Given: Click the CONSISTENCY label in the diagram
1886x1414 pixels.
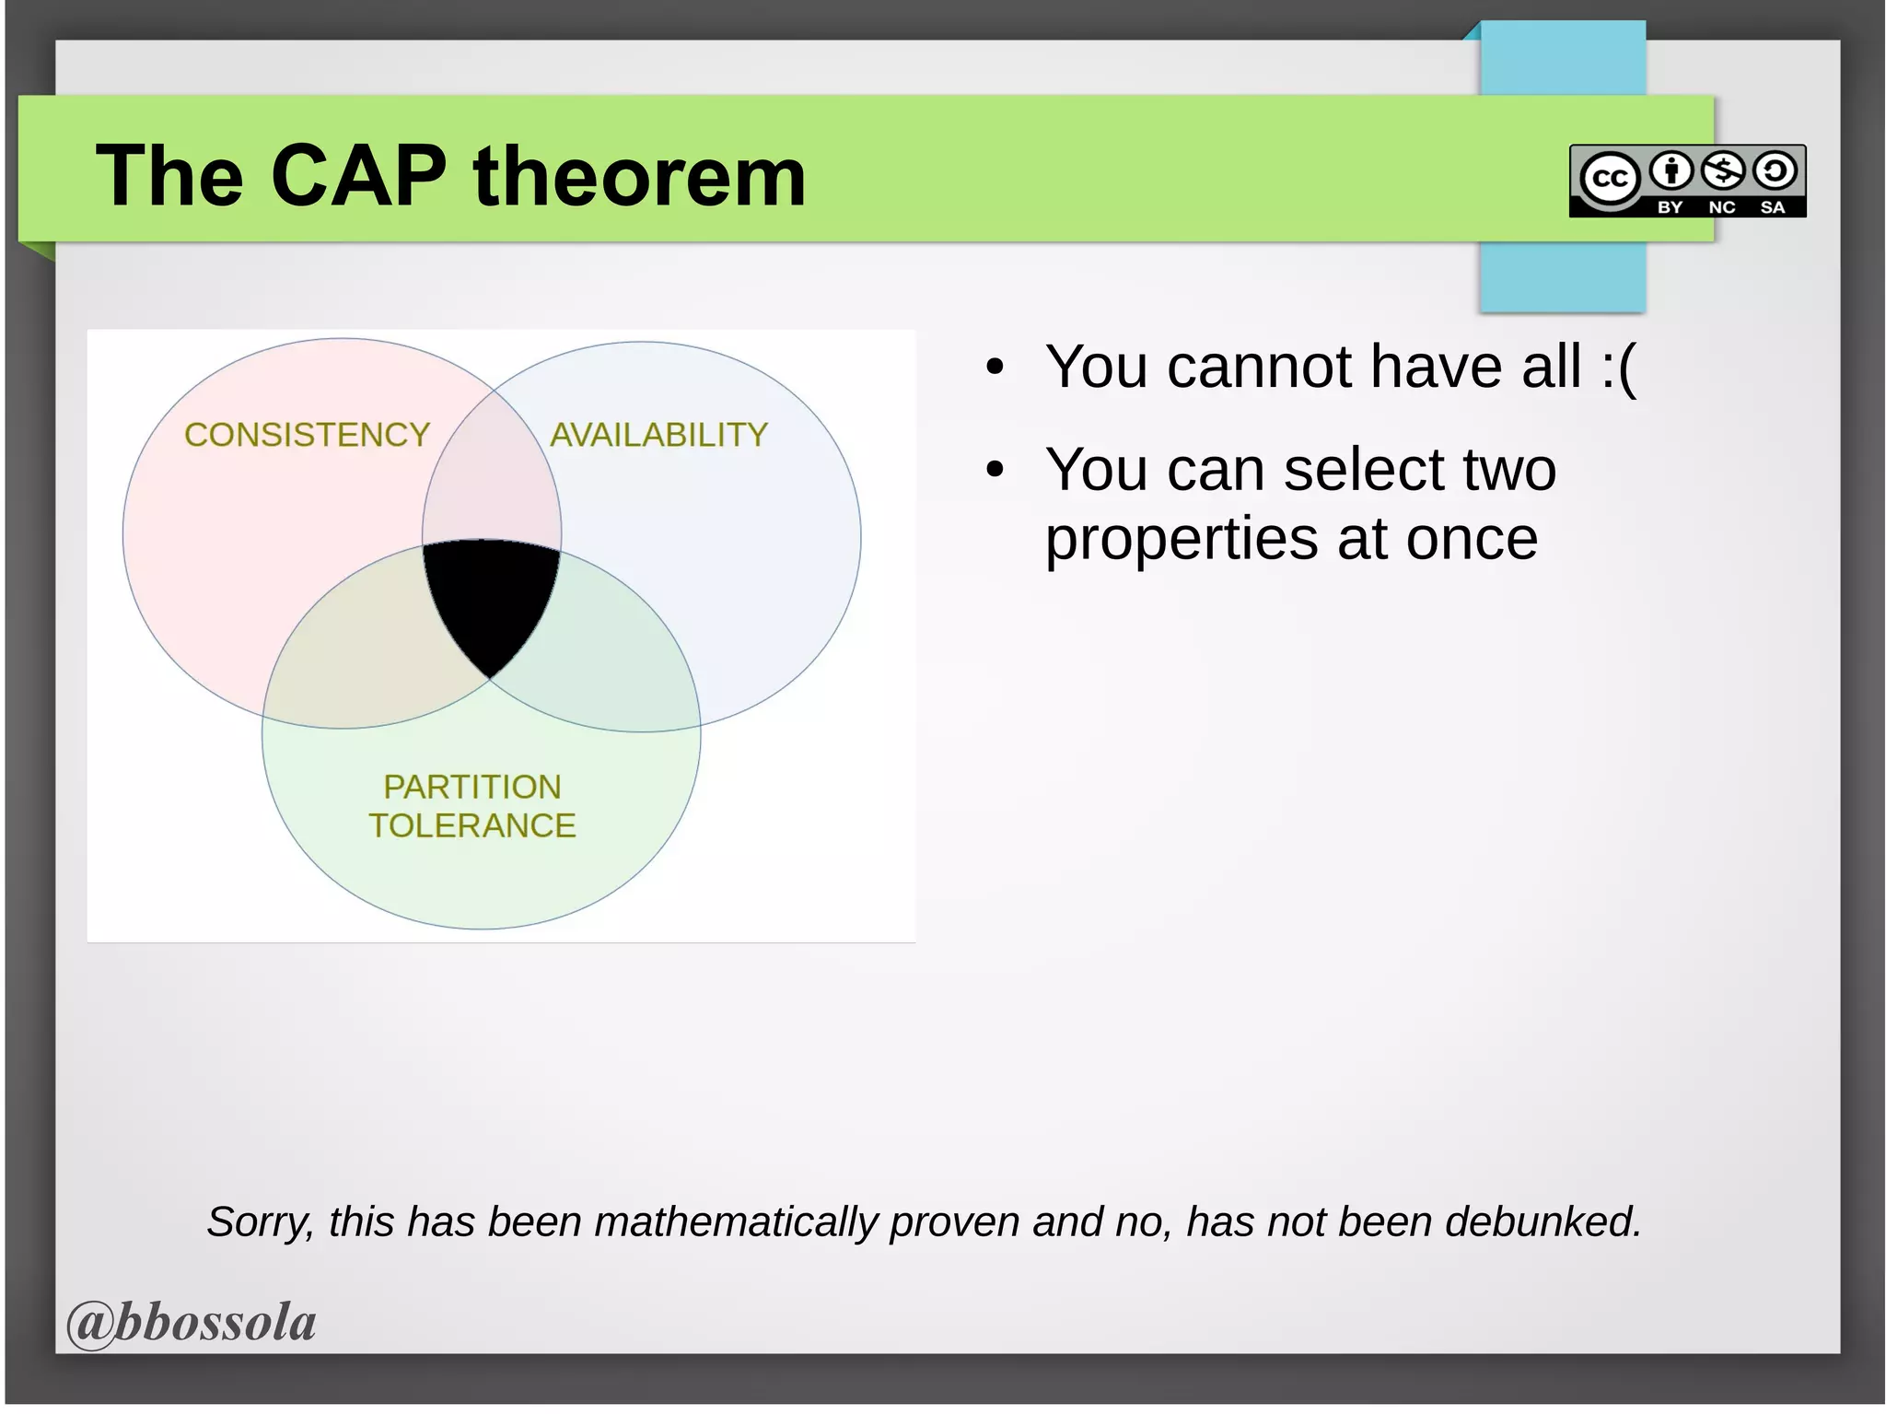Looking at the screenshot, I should [307, 435].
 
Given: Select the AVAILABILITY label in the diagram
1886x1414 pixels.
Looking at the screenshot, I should [658, 435].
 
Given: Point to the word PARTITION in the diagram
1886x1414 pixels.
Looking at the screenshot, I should [471, 787].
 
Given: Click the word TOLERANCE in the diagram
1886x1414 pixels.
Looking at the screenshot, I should [471, 825].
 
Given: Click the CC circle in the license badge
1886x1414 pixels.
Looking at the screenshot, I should [1609, 178].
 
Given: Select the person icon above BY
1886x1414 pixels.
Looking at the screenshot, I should [1671, 170].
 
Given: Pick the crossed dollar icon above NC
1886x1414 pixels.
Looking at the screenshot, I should [1722, 170].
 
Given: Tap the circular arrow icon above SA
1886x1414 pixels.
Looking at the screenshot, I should [1775, 170].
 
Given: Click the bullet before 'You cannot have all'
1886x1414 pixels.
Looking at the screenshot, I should [994, 368].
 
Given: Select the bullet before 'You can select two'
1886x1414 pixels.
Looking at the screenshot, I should [994, 470].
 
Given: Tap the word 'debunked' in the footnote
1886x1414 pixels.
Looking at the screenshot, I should [1542, 1222].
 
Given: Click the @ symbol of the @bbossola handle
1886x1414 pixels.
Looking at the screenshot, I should [90, 1324].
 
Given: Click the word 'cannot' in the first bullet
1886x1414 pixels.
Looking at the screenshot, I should [1261, 367].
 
